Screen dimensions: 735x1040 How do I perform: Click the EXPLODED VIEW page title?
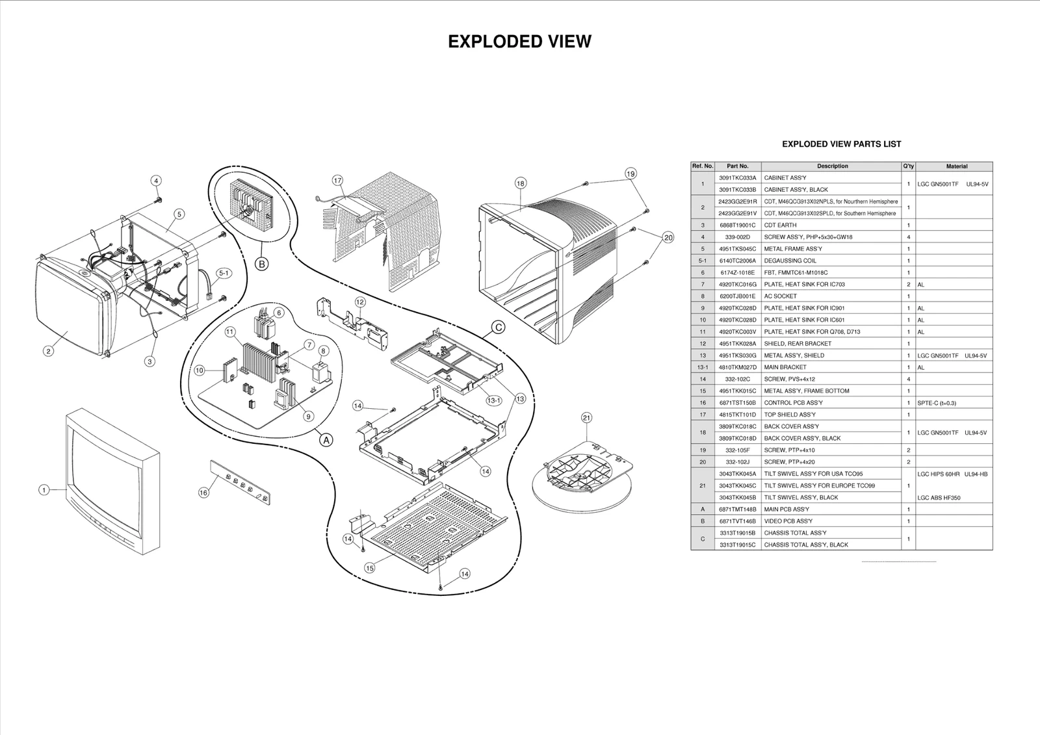tap(519, 42)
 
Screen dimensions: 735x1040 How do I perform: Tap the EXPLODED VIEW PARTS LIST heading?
tap(841, 144)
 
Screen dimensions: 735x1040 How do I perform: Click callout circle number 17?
tap(337, 180)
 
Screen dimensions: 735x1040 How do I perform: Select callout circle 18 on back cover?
tap(520, 183)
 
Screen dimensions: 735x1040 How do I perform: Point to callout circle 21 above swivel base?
tap(586, 418)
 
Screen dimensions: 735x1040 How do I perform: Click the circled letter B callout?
tap(261, 264)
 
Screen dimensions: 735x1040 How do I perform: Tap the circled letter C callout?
tap(497, 328)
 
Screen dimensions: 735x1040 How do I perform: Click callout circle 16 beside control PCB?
tap(203, 493)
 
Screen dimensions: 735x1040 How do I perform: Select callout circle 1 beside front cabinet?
tap(44, 490)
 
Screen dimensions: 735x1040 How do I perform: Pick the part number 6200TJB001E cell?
tap(737, 296)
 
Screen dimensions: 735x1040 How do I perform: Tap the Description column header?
tap(831, 166)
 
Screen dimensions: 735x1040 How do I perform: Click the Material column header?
tap(956, 166)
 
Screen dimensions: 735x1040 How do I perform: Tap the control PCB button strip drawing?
tap(241, 481)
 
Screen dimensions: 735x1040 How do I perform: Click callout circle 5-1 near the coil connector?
tap(223, 274)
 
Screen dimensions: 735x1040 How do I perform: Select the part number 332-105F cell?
tap(737, 450)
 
